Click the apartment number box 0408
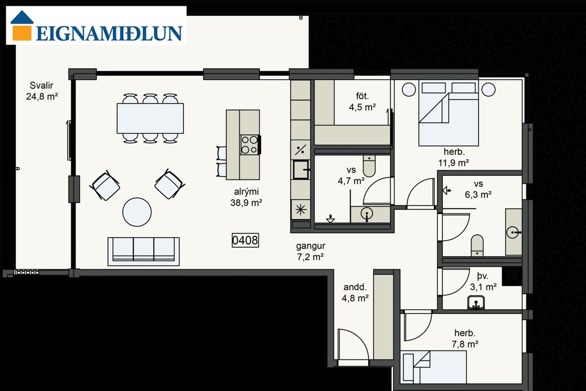245,240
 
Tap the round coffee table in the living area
137,212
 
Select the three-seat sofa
144,252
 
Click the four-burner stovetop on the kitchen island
250,145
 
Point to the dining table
150,118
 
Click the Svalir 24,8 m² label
42,91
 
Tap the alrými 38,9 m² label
246,197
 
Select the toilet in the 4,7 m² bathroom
369,166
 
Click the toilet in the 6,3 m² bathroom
477,245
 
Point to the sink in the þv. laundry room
476,303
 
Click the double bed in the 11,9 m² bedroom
449,113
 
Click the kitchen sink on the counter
301,170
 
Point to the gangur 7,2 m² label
311,251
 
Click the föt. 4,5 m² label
362,101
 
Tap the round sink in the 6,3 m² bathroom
512,232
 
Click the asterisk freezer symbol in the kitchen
301,210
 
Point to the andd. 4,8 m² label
355,292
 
